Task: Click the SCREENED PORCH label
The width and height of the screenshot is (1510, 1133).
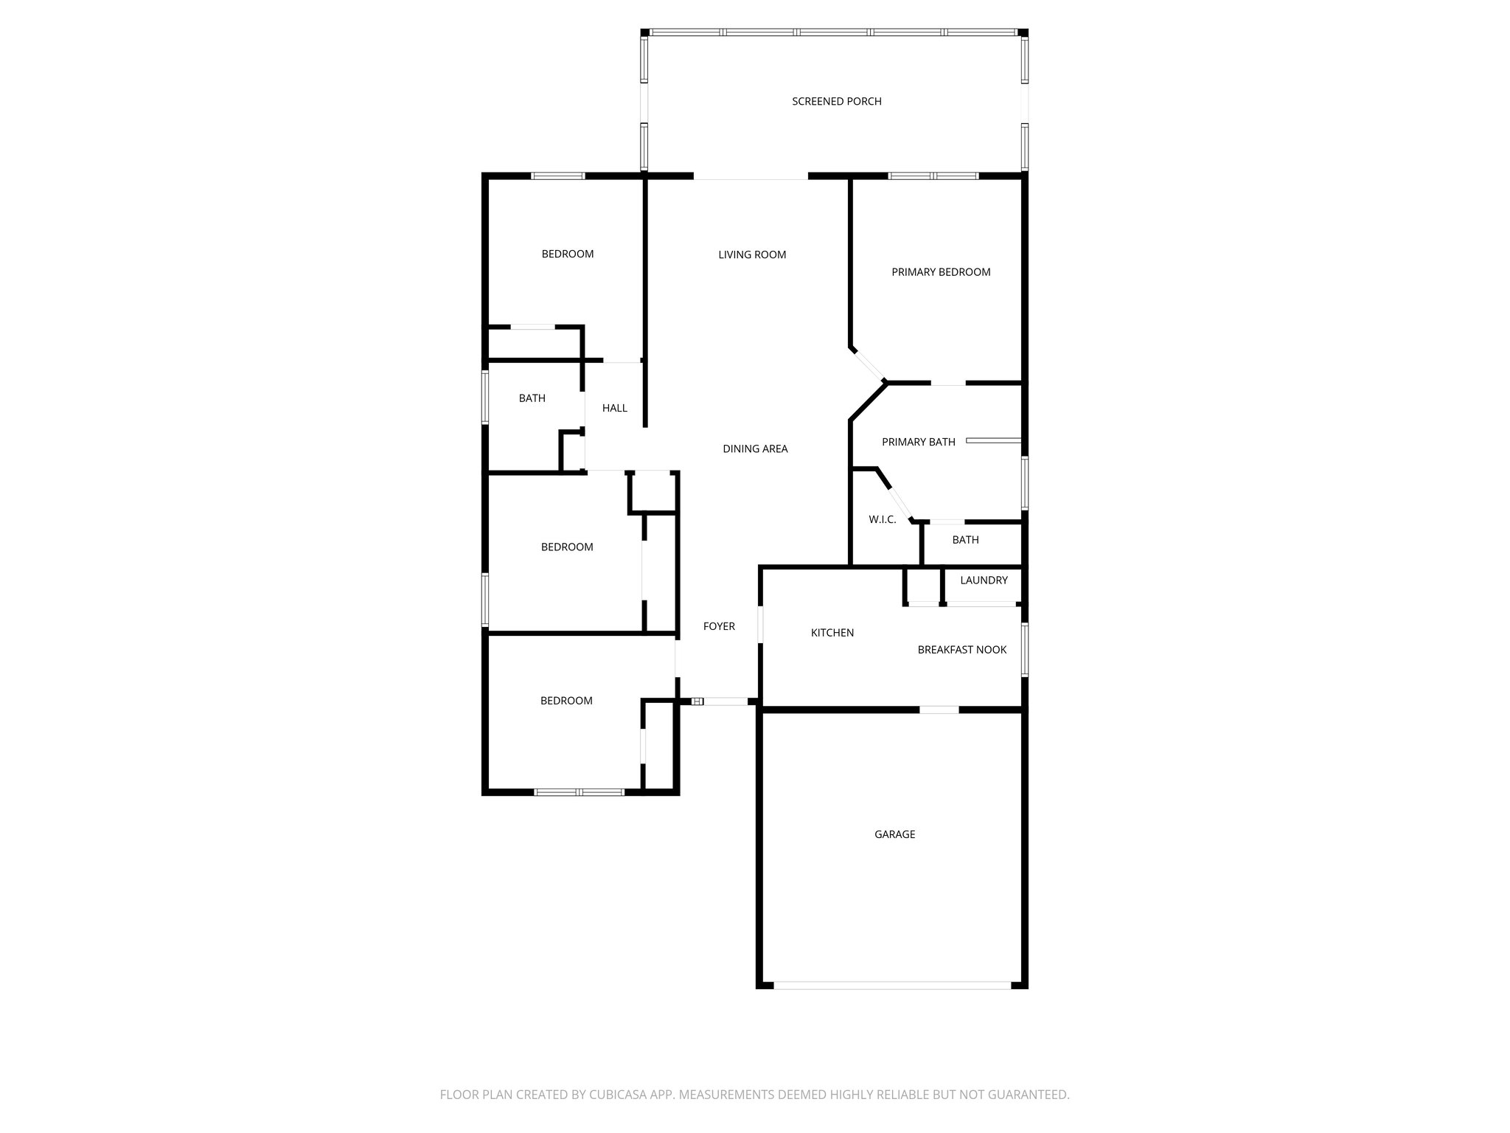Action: click(x=836, y=101)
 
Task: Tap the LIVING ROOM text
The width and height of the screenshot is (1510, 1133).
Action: click(x=752, y=254)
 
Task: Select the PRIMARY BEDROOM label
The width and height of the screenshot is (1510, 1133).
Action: click(x=941, y=272)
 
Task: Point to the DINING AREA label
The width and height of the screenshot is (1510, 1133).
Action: click(x=755, y=448)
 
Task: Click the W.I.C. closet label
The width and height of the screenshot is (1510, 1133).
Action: click(x=882, y=519)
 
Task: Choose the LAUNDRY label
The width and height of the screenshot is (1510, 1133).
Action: click(x=984, y=581)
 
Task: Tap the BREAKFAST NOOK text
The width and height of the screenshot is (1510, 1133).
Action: click(x=961, y=650)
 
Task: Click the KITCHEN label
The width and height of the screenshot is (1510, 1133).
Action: click(x=832, y=633)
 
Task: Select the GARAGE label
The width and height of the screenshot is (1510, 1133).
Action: click(x=894, y=834)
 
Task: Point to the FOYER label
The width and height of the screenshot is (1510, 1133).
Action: click(x=719, y=626)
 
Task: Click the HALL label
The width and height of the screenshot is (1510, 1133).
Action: click(x=614, y=408)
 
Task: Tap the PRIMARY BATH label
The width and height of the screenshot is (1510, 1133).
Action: click(x=918, y=442)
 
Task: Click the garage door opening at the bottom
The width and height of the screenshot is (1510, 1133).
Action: click(x=892, y=985)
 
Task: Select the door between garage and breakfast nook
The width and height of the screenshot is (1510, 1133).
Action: click(x=939, y=710)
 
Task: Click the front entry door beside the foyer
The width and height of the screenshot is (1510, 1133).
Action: click(x=726, y=701)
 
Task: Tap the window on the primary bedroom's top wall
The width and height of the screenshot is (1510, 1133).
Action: click(x=933, y=176)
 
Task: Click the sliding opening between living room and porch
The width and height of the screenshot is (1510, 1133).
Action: click(x=751, y=178)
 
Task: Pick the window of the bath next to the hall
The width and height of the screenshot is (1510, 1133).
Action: click(x=485, y=397)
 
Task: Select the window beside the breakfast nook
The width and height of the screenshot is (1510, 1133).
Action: click(x=1024, y=649)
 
